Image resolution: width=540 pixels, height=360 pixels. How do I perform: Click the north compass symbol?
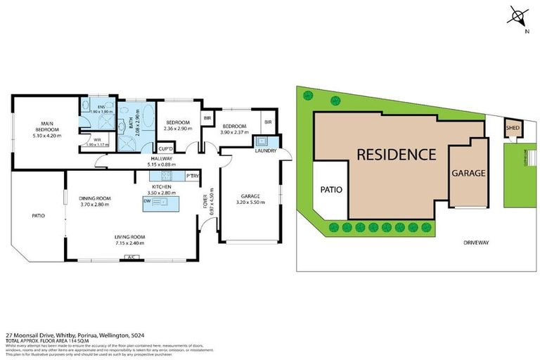(x=518, y=15)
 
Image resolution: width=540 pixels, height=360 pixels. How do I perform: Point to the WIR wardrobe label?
(x=88, y=139)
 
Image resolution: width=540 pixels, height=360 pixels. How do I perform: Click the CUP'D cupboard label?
(x=166, y=148)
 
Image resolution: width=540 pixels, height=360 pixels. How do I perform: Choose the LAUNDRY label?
(x=266, y=150)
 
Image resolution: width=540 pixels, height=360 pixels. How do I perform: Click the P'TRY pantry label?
(x=192, y=175)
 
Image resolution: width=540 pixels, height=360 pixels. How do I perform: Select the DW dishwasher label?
(x=147, y=200)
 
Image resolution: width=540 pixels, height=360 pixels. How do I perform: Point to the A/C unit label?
(x=131, y=258)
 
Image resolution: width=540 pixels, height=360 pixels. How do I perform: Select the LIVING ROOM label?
(x=130, y=237)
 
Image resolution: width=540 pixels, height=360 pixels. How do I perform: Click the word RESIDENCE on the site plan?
(x=396, y=154)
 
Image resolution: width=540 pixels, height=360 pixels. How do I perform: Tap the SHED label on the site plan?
(x=512, y=128)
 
